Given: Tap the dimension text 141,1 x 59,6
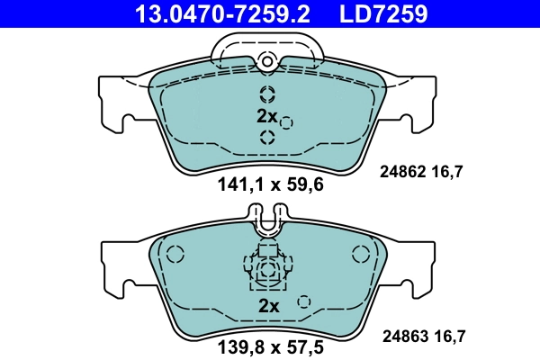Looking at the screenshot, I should pos(270,186).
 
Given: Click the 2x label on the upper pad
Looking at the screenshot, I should pos(267,116).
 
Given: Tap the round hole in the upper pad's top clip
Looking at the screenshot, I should pos(266,60).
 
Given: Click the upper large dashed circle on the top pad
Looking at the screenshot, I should pos(267,94).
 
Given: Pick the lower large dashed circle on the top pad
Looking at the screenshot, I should pos(267,137).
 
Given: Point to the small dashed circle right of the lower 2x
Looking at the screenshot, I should pos(304,301).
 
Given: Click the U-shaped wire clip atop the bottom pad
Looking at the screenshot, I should pos(267,220).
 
